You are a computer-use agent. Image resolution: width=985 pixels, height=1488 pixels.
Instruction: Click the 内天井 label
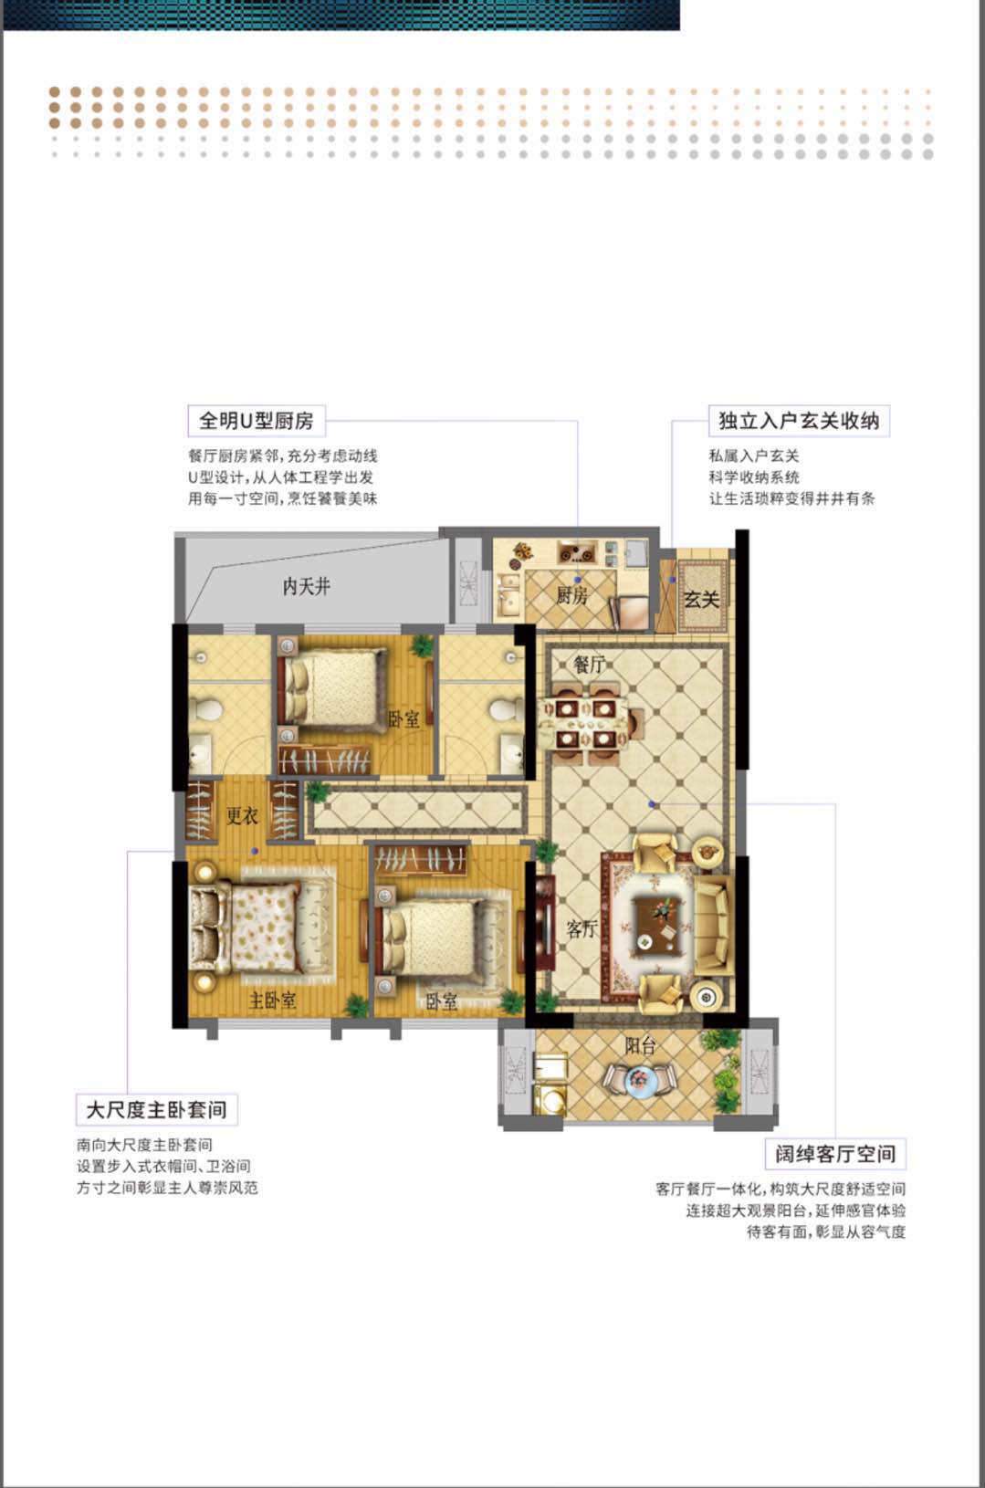tap(306, 586)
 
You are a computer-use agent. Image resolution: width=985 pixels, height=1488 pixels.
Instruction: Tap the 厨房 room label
tap(572, 596)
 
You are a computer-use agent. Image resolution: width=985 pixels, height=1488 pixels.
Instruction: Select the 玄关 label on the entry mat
tap(702, 599)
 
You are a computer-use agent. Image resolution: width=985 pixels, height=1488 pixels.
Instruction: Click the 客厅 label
tap(582, 929)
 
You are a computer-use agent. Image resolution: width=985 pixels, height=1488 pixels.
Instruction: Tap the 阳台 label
tap(640, 1045)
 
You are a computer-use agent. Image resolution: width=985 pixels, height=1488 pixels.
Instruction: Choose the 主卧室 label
tap(272, 1001)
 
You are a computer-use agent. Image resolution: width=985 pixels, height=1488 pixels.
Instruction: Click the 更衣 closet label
tap(242, 815)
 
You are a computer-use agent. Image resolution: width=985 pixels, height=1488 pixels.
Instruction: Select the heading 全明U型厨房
tap(256, 421)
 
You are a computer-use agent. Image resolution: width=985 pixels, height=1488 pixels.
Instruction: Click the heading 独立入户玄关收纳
tap(799, 421)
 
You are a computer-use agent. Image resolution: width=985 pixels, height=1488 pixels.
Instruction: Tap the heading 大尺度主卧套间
tap(156, 1110)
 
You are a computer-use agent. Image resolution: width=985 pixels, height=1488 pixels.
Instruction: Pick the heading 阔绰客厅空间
tap(835, 1154)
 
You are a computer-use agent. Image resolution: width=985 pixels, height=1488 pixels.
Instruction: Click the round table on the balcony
tap(639, 1082)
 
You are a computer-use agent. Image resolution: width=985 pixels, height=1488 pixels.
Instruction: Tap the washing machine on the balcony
tap(549, 1099)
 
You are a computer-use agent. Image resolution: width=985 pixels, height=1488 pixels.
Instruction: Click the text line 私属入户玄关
tap(754, 456)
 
